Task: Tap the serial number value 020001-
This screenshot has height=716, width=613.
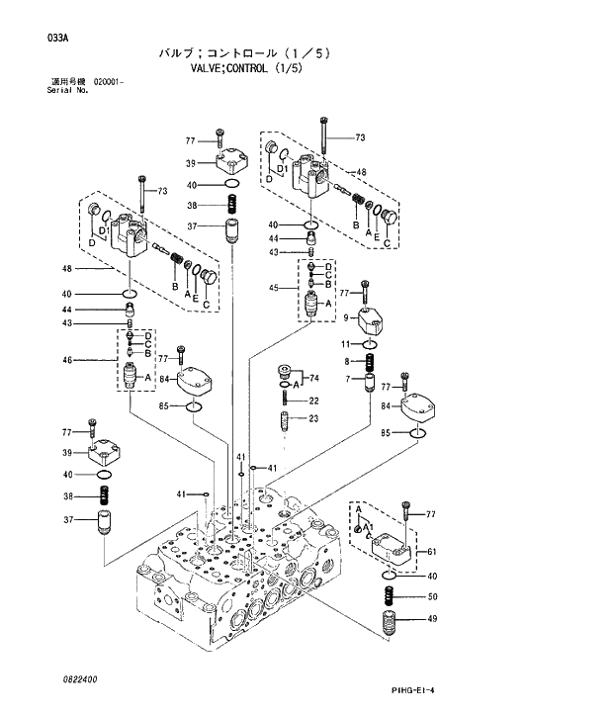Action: (x=108, y=80)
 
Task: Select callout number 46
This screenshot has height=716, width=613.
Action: (x=67, y=360)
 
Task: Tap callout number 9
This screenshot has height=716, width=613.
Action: (x=347, y=317)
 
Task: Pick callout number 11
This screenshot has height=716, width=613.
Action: (x=347, y=343)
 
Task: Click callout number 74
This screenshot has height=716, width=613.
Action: (x=314, y=378)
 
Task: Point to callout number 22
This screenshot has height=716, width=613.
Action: (x=313, y=401)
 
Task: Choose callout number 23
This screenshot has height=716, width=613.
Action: (x=313, y=419)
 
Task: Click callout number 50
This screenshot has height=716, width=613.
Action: (x=431, y=596)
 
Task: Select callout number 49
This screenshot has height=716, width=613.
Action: (x=431, y=620)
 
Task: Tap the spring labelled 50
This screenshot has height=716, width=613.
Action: (x=389, y=597)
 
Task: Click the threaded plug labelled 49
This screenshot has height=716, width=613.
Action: (x=389, y=625)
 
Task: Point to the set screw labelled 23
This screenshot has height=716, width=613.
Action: (x=282, y=420)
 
